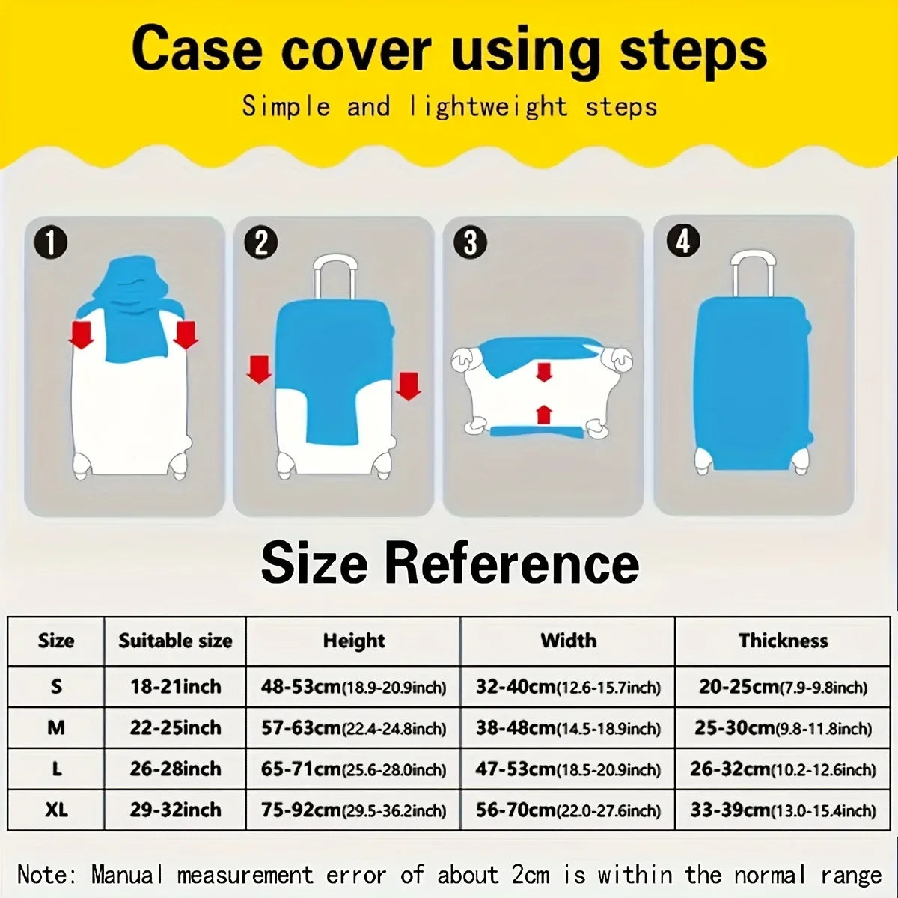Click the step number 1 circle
(50, 244)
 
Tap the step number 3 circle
(471, 243)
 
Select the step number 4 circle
(682, 241)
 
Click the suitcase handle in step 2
(335, 277)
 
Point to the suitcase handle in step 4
(752, 274)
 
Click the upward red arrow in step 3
(544, 414)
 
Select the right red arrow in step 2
(408, 385)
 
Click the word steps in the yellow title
(693, 50)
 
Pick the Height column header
(353, 641)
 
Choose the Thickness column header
(783, 641)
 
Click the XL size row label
(56, 810)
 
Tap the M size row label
(56, 727)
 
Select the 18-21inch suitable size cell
(175, 686)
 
